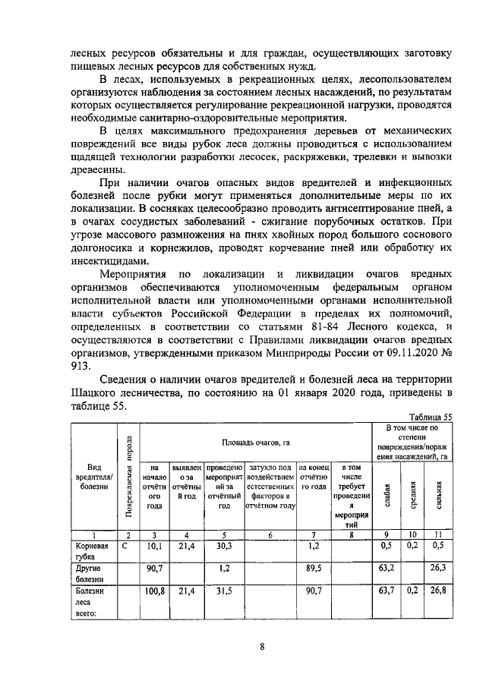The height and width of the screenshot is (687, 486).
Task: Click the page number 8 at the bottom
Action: point(260,647)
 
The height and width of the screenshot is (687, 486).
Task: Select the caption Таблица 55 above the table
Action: point(430,417)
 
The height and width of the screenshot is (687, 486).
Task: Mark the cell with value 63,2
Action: point(387,567)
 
